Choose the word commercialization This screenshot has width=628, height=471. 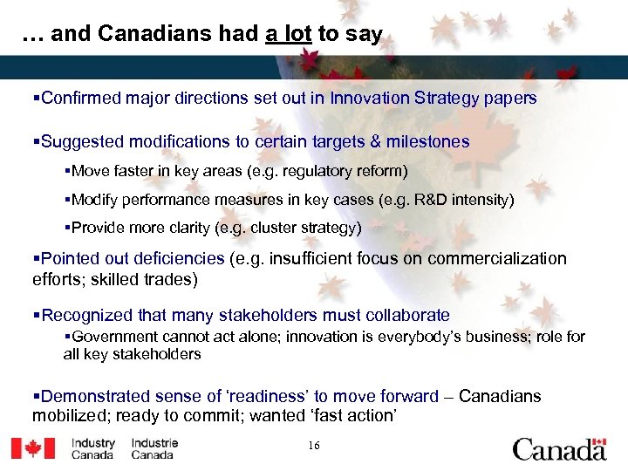pos(506,259)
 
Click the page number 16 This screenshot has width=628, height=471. pos(314,447)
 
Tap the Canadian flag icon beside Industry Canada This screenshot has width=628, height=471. pos(33,448)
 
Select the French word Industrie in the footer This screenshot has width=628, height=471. pos(154,443)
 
